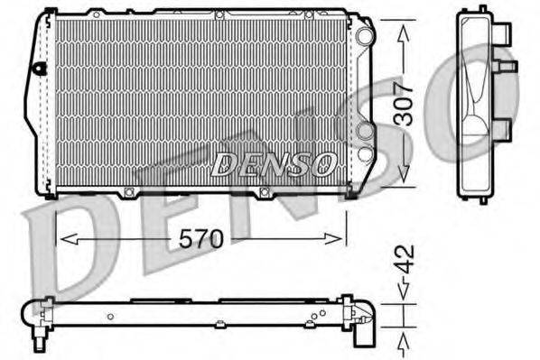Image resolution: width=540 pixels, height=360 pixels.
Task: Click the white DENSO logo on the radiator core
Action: [273, 164]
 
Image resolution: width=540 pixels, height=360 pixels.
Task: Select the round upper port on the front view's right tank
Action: [364, 37]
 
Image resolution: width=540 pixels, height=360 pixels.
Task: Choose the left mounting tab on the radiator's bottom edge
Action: [129, 191]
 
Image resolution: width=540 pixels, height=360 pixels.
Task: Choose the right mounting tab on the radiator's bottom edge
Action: [265, 191]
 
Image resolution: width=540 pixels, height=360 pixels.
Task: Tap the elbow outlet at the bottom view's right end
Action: [363, 326]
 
